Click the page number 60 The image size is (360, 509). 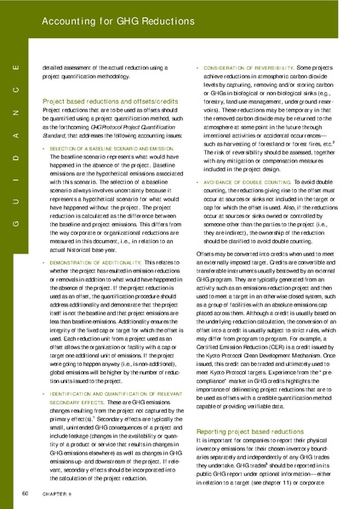25,493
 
